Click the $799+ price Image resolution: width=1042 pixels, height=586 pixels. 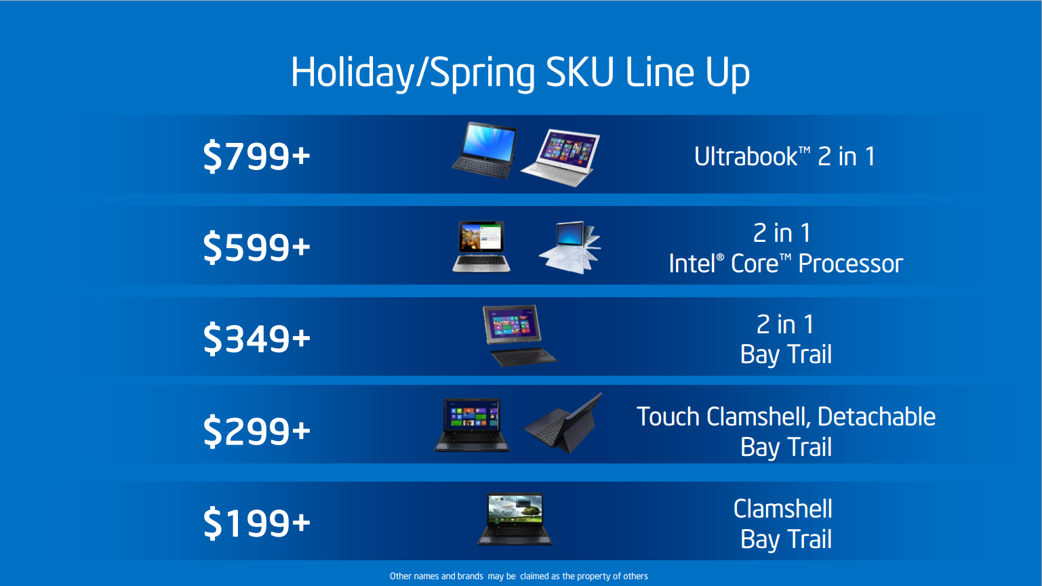[x=256, y=156]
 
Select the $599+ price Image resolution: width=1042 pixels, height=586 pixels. [x=256, y=247]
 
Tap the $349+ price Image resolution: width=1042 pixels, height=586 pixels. [x=256, y=338]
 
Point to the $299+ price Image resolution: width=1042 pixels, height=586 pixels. [x=256, y=431]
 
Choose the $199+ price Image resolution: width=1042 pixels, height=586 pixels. [x=256, y=523]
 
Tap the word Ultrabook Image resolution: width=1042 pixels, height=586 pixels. [x=746, y=156]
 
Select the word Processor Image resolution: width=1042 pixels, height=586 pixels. [x=850, y=264]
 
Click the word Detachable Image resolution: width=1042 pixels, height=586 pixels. [x=877, y=417]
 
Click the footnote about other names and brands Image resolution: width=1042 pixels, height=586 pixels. [x=519, y=577]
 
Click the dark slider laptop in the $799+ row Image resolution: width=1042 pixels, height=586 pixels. [x=485, y=150]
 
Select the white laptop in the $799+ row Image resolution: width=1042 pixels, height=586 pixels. [x=560, y=158]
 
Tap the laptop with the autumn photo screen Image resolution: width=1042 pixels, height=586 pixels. [x=481, y=247]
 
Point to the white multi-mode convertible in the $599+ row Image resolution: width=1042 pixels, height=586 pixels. [x=570, y=247]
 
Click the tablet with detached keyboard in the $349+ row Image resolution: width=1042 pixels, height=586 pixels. [x=519, y=335]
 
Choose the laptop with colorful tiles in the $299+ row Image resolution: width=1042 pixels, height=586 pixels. [x=472, y=425]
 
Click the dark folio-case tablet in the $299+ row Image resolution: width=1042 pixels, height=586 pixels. [x=563, y=423]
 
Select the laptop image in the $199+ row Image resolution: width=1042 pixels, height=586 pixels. [x=515, y=519]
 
